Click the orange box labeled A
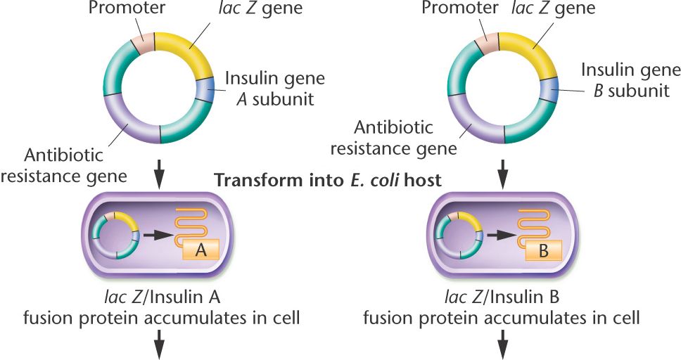[200, 250]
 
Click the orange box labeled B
[542, 250]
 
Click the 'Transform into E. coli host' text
[328, 180]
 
